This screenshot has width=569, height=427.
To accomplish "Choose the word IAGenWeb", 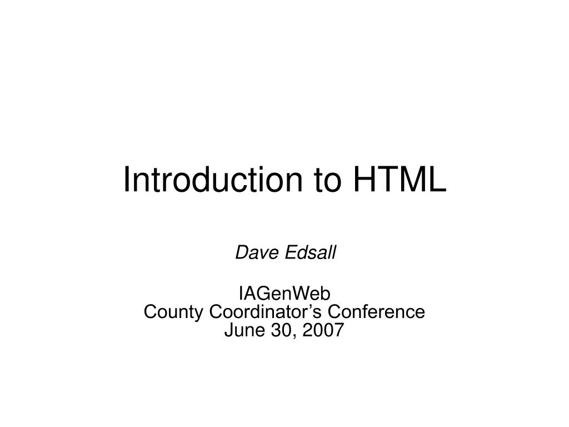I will click(284, 293).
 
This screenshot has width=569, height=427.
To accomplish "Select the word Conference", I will click(383, 312).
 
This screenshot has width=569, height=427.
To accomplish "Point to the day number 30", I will click(273, 331).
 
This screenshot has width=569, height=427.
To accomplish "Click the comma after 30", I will click(285, 336).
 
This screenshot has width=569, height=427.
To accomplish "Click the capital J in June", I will click(228, 331).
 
